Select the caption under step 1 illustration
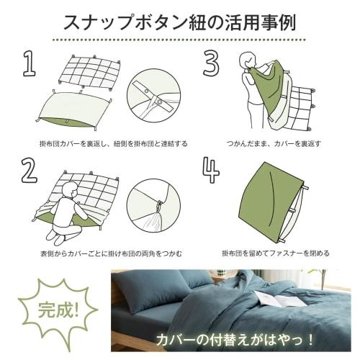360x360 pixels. point(113,143)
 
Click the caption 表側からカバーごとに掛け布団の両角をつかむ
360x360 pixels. point(112,253)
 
